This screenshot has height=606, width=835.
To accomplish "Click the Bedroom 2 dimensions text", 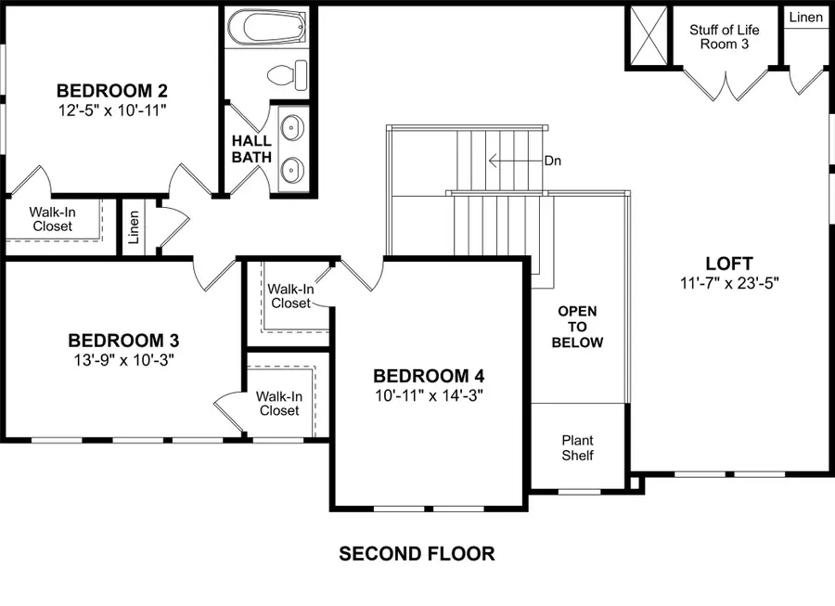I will [112, 110].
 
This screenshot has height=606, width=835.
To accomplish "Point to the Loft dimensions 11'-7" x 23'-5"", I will [728, 285].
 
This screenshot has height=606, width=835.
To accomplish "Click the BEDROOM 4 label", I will [429, 376].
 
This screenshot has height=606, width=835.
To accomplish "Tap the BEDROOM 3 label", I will [123, 339].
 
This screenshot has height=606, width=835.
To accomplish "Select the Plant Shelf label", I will [577, 447].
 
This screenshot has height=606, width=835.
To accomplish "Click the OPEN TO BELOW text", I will [577, 327].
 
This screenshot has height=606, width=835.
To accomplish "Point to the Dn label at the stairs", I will [553, 161].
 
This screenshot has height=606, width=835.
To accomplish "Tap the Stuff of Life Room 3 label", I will [724, 37].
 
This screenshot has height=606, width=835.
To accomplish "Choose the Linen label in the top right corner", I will [803, 18].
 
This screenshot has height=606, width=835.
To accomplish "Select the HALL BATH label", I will [251, 148].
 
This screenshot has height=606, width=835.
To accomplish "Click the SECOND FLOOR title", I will [417, 554].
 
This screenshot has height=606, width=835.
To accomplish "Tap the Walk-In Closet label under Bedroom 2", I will [51, 219].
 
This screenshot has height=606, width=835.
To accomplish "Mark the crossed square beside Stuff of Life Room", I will [647, 35].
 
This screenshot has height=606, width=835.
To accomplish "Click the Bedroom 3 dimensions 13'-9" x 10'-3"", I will [123, 359].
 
